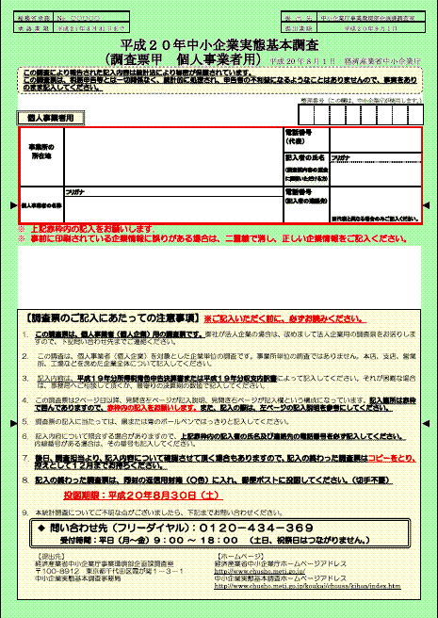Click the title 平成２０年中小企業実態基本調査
[x=219, y=45]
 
